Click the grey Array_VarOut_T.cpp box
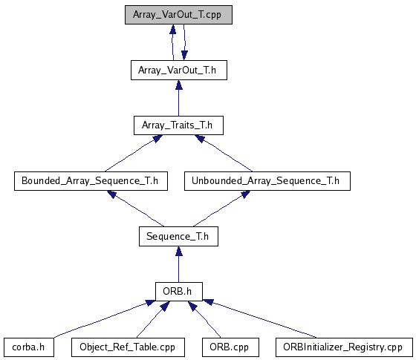click(x=178, y=15)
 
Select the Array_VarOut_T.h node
click(x=179, y=70)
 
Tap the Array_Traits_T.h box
click(x=178, y=125)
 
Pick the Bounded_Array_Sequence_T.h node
click(x=91, y=181)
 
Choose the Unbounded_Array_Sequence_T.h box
click(x=267, y=181)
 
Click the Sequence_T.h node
click(x=178, y=236)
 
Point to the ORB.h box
click(x=179, y=292)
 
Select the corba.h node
click(x=29, y=347)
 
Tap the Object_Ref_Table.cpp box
click(x=128, y=347)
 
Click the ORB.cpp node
click(x=230, y=347)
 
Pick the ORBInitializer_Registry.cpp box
click(x=344, y=347)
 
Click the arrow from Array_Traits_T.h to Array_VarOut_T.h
click(x=179, y=98)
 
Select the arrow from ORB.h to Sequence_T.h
click(x=179, y=264)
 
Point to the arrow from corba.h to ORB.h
click(x=103, y=318)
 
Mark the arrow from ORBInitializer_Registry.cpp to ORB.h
click(x=260, y=318)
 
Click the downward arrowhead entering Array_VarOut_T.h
click(x=184, y=56)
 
